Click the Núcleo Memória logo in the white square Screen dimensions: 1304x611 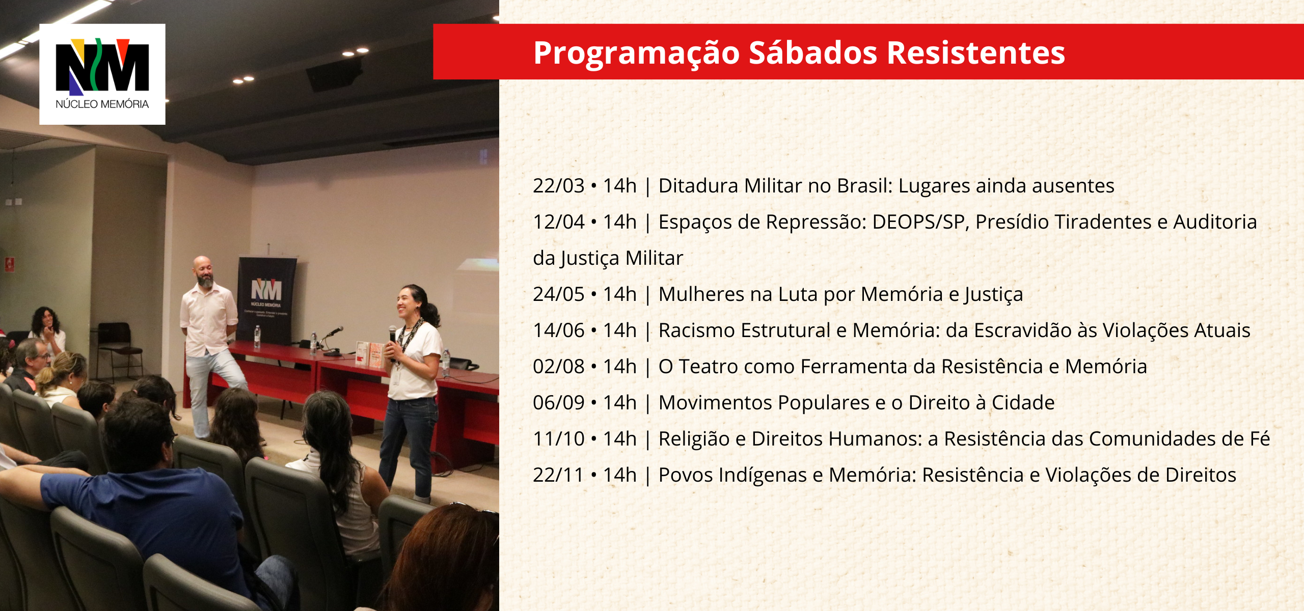pos(102,74)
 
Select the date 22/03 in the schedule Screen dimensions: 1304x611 pos(558,186)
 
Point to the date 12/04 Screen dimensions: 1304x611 pos(558,222)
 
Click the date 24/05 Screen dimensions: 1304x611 pos(558,294)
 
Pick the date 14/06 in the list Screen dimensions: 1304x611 pos(558,330)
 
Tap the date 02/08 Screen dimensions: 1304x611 pos(558,367)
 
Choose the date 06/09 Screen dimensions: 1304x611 pos(558,403)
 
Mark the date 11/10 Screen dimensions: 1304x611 pos(558,439)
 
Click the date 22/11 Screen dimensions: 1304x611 pos(558,475)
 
